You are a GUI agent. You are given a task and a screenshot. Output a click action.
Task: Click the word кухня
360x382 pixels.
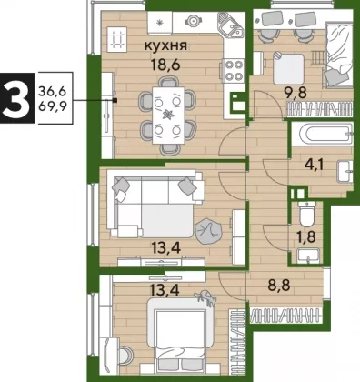tap(165, 46)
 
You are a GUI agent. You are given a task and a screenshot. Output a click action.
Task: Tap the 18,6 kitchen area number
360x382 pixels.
tap(165, 65)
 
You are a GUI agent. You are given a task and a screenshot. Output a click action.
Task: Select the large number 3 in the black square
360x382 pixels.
tap(15, 97)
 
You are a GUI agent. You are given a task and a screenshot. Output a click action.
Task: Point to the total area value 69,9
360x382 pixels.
tap(52, 106)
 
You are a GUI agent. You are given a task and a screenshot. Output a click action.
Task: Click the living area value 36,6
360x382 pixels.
tap(52, 91)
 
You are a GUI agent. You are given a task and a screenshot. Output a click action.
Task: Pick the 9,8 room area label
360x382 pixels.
tap(295, 92)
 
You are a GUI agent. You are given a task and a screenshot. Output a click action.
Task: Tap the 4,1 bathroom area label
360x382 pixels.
tap(314, 166)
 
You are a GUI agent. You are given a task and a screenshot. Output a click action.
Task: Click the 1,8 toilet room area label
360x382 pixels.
tap(306, 237)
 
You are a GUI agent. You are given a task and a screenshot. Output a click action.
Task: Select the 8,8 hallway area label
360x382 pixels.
tap(279, 285)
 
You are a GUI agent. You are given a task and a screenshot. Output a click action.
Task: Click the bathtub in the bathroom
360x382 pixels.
tap(323, 135)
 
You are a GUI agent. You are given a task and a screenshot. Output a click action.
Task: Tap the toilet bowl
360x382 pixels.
tap(306, 214)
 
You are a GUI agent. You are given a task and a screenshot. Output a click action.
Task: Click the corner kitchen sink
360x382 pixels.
tap(231, 24)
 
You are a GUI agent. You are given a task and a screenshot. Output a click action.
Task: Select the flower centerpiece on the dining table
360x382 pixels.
tap(167, 116)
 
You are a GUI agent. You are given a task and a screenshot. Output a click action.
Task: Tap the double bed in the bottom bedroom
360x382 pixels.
tap(181, 334)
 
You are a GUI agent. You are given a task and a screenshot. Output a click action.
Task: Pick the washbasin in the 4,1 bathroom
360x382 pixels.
tap(345, 172)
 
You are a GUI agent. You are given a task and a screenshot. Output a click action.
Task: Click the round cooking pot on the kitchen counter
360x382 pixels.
tap(194, 21)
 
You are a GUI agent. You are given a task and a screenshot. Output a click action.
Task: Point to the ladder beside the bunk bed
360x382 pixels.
tap(319, 58)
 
